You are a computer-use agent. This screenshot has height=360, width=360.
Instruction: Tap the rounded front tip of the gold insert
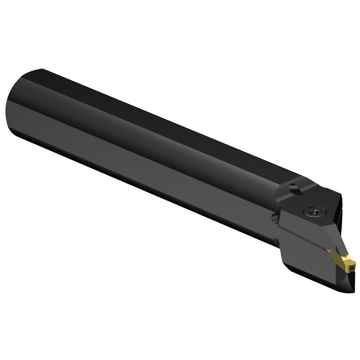click(x=351, y=266)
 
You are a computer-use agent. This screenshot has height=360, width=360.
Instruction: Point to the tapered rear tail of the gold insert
click(x=330, y=252)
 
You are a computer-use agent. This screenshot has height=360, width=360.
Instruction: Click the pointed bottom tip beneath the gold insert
click(x=352, y=291)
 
